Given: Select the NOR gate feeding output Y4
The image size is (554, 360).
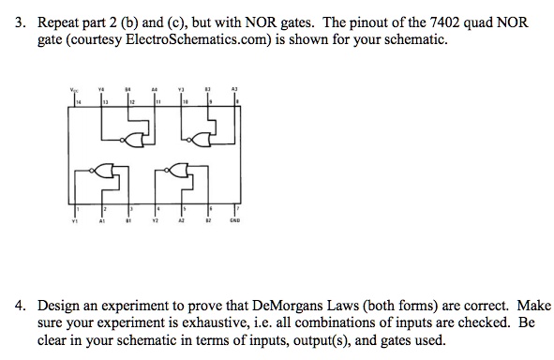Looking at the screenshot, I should pyautogui.click(x=142, y=139).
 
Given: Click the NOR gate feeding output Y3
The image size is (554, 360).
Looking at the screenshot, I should pyautogui.click(x=200, y=139).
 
